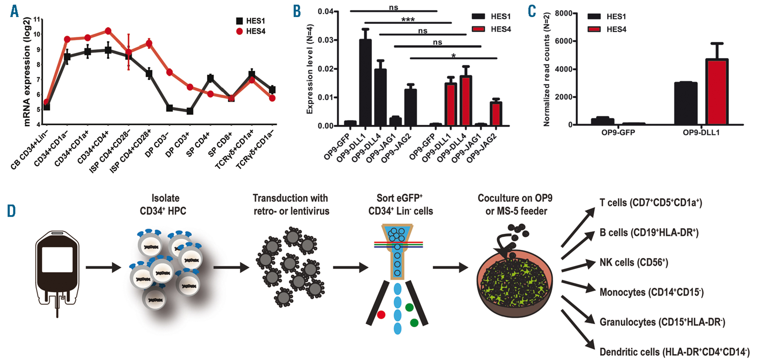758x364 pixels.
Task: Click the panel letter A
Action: pos(14,11)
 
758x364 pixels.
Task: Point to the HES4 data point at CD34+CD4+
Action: pos(108,31)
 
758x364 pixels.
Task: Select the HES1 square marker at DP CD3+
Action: pos(190,111)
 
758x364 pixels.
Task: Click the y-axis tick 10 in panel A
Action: pos(36,34)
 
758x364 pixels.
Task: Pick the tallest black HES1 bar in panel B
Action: pos(365,82)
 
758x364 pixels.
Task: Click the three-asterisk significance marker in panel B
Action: pos(408,19)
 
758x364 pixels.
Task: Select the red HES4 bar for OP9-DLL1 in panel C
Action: pos(716,92)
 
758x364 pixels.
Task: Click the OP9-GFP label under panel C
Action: pos(618,133)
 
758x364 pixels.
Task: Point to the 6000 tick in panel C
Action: pos(564,41)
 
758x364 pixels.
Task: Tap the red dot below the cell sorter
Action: pos(381,315)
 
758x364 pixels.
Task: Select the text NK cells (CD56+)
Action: pos(634,262)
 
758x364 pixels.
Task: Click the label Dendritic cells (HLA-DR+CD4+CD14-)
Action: pos(674,352)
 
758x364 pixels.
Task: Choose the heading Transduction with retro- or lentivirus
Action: pos(291,205)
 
